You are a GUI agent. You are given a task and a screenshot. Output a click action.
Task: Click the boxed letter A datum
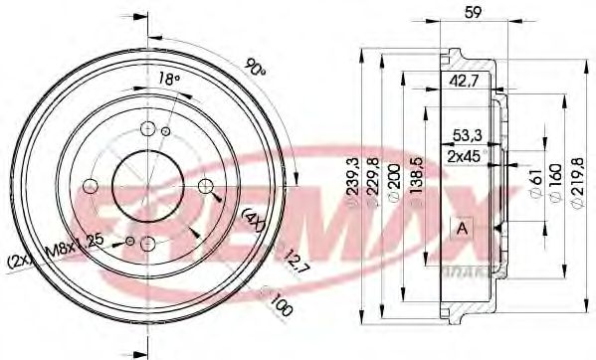coord(462,228)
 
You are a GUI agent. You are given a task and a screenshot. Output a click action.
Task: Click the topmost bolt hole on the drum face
coord(147,128)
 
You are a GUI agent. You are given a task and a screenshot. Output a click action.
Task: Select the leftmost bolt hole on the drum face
coord(91,186)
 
